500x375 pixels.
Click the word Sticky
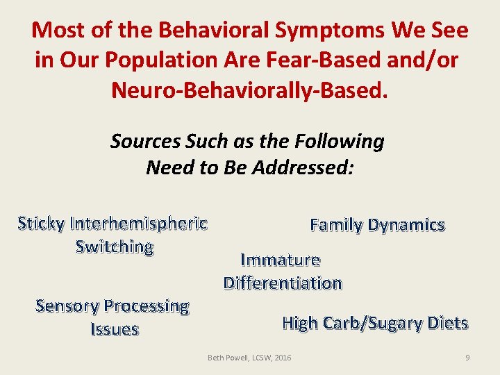(42, 224)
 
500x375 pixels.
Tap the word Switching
(115, 247)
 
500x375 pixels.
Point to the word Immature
(280, 260)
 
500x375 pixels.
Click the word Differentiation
(283, 283)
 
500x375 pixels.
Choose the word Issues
(115, 329)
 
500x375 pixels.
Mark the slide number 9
(467, 358)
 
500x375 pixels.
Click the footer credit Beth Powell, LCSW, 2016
(250, 358)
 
